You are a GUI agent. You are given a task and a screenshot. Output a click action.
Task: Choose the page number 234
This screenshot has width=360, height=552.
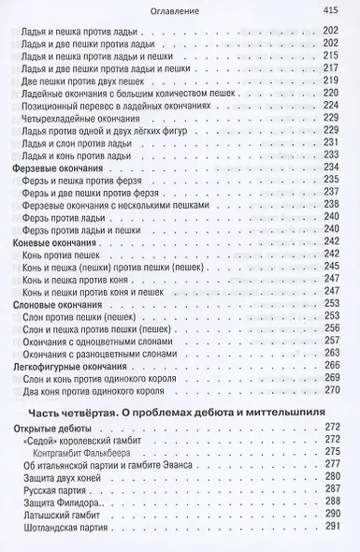(x=328, y=167)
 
